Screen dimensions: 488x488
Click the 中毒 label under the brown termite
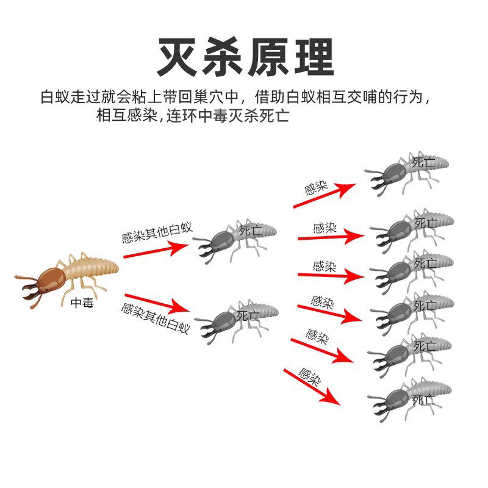(82, 303)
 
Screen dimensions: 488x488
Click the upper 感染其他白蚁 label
(157, 232)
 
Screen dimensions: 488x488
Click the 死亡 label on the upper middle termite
(249, 230)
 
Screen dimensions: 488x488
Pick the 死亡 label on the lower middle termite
(248, 316)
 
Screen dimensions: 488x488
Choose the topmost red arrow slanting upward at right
(323, 195)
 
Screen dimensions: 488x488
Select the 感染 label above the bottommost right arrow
(309, 377)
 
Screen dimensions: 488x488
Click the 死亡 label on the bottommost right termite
(424, 400)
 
